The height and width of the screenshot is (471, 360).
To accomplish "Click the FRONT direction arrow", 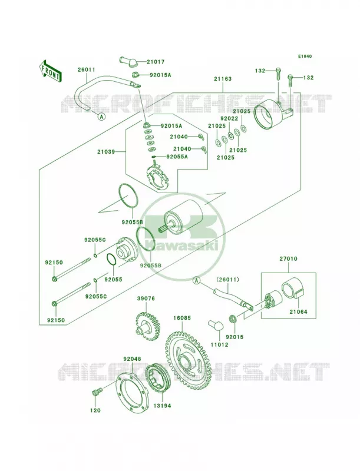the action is coord(50,71).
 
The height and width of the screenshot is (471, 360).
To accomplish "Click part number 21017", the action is coord(156,62).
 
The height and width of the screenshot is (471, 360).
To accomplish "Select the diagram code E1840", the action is coord(305,56).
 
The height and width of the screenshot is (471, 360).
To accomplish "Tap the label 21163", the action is coord(223,79).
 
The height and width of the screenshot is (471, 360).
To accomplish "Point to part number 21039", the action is coord(106,152).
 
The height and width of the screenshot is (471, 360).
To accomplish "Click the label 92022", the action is coord(229,119).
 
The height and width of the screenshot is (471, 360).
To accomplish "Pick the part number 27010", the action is coord(288,258).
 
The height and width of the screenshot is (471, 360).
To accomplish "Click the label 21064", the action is coord(298,312).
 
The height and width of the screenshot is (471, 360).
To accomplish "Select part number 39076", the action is coord(146,298).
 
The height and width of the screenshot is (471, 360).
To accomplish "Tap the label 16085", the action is coord(182,317).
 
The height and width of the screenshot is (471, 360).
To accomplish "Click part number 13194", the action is coord(162,406).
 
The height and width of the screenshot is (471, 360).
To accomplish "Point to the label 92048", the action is coord(132,359).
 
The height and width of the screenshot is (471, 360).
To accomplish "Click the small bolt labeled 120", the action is coord(96,393).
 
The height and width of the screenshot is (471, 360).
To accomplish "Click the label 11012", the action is coord(219,345).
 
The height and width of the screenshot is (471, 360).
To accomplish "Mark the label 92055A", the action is coord(177,157).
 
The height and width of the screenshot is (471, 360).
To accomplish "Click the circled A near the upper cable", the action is coord(101,117).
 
